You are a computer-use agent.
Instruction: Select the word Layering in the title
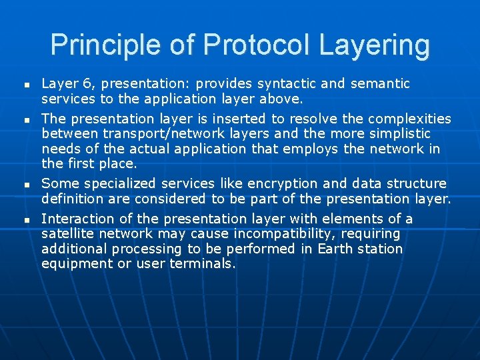(x=375, y=45)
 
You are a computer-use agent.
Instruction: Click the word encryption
(x=282, y=183)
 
